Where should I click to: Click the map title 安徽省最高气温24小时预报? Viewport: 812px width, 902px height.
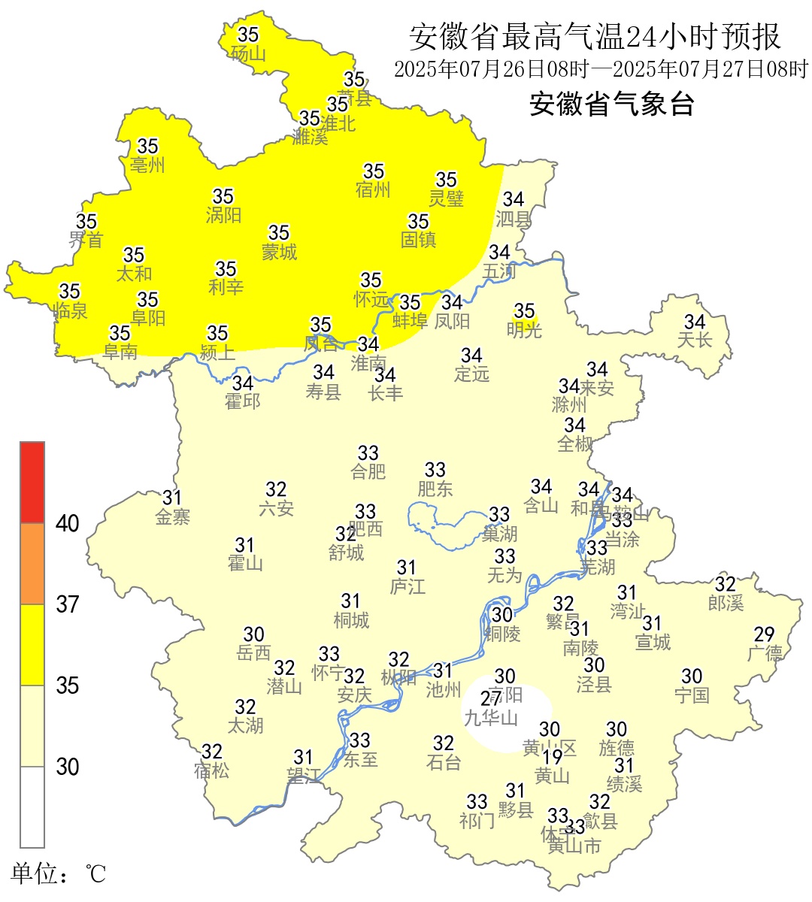click(x=595, y=36)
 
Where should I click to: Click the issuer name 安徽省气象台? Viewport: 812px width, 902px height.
click(x=611, y=104)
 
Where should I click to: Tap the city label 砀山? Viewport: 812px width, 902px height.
click(x=248, y=53)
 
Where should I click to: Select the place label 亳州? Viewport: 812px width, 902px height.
click(x=147, y=165)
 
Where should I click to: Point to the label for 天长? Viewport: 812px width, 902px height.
click(x=694, y=340)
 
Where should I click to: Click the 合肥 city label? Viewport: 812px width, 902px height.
click(x=368, y=471)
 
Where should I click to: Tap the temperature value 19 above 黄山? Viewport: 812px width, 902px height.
click(x=553, y=757)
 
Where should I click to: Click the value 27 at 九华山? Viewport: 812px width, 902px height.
click(x=491, y=699)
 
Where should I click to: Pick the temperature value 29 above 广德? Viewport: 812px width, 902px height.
click(x=764, y=634)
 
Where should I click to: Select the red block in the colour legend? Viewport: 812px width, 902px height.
click(x=32, y=482)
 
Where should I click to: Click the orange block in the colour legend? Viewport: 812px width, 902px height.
click(x=32, y=564)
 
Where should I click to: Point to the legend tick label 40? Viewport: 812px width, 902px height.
click(x=68, y=523)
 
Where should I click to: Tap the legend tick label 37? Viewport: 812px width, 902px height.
click(x=68, y=604)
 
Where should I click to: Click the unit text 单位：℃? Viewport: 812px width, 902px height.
click(x=59, y=873)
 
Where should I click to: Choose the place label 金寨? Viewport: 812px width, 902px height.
click(x=173, y=516)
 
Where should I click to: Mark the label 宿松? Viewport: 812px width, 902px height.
click(x=211, y=770)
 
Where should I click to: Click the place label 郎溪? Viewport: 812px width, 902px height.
click(x=726, y=603)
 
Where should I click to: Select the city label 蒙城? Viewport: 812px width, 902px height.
click(x=279, y=252)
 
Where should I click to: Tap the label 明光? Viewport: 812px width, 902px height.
click(x=524, y=329)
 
